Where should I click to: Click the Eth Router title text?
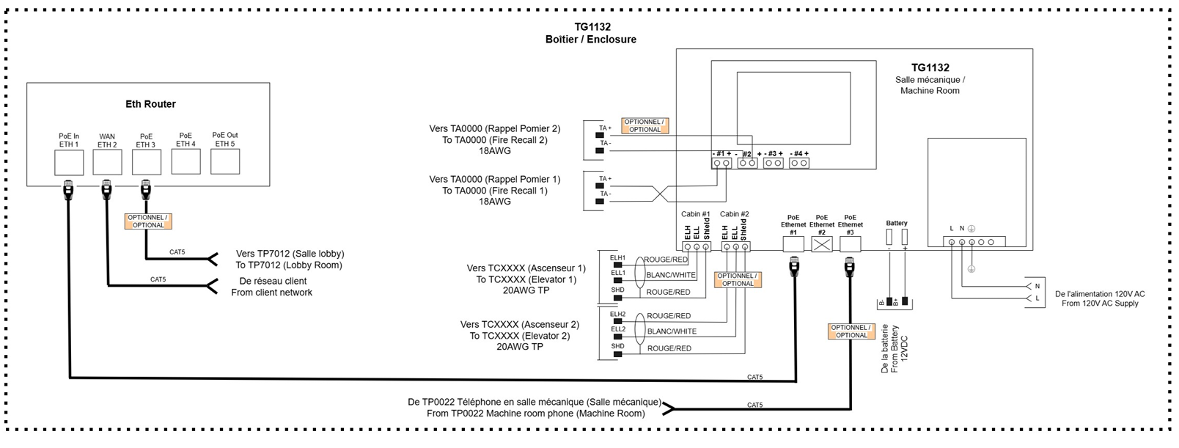click(x=150, y=104)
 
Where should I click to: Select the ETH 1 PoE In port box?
click(x=69, y=162)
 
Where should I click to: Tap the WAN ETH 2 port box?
click(x=107, y=162)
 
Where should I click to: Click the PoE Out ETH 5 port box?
click(x=225, y=161)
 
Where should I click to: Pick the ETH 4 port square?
click(x=186, y=161)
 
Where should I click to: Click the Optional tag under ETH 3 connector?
click(x=148, y=221)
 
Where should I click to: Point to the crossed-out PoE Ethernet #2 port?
click(x=822, y=245)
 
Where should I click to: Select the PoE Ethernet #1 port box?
click(x=793, y=245)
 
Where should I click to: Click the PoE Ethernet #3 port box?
click(x=850, y=245)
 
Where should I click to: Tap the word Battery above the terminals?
click(x=896, y=223)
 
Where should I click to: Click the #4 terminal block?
click(x=799, y=163)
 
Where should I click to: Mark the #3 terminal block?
click(x=773, y=163)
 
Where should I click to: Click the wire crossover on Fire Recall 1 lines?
click(x=660, y=194)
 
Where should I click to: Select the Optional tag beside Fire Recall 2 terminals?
click(x=644, y=126)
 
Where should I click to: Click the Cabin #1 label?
click(x=695, y=214)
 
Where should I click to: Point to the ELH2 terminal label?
click(x=617, y=315)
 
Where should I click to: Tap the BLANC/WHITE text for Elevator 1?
click(x=670, y=275)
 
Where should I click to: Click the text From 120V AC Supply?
click(x=1099, y=304)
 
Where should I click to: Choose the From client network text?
click(x=271, y=293)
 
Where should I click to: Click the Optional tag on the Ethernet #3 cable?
click(x=851, y=331)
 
